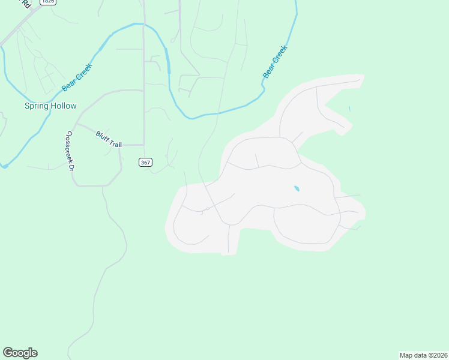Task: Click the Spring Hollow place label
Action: click(50, 106)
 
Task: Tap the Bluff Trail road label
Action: click(109, 140)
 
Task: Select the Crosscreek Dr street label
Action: click(70, 151)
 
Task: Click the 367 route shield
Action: click(145, 163)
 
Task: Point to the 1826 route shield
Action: click(47, 2)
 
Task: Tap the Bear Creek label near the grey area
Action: click(276, 62)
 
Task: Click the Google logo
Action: click(20, 353)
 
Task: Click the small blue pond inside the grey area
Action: click(297, 189)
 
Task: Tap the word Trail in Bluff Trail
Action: click(115, 143)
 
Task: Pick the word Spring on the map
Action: click(36, 106)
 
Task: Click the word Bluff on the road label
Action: click(101, 136)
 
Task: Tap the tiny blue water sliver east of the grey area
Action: click(349, 109)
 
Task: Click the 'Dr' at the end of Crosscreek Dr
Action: click(71, 167)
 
